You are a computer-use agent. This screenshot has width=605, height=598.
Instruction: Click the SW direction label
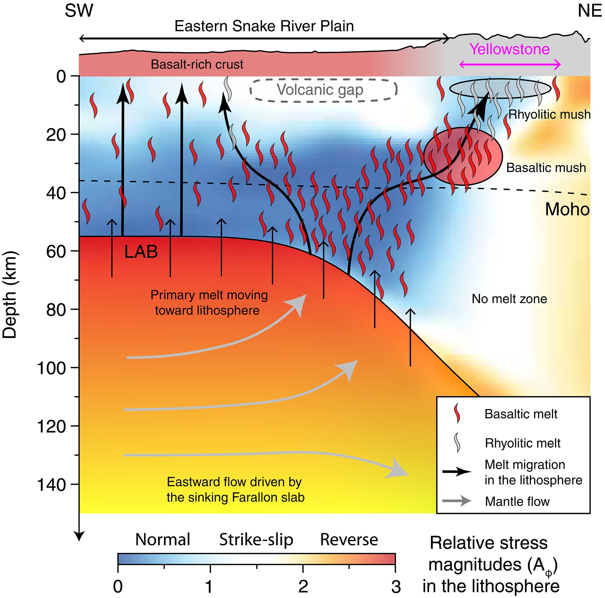[x=79, y=11]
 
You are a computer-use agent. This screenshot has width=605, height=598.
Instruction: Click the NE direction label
[x=589, y=11]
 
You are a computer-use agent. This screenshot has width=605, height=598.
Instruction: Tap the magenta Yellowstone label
[x=510, y=49]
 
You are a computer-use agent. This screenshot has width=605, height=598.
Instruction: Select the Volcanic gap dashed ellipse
[x=324, y=90]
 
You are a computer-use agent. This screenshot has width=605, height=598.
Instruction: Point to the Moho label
[x=567, y=209]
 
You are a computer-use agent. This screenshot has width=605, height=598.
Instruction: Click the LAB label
[x=141, y=252]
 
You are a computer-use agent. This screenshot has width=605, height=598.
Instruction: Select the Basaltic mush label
[x=546, y=168]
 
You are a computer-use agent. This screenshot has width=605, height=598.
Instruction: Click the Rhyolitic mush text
[x=549, y=114]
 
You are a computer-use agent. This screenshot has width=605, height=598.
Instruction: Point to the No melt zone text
[x=509, y=299]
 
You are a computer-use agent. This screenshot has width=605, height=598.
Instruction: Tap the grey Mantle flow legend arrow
[x=457, y=501]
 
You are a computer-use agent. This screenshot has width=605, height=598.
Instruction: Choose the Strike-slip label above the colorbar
[x=256, y=540]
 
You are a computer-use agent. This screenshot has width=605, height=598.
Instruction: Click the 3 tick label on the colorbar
[x=396, y=587]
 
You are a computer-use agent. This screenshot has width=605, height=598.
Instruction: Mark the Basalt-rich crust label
[x=197, y=65]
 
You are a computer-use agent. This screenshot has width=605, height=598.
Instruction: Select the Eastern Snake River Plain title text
[x=264, y=26]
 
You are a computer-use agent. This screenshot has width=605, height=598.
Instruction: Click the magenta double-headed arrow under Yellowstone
[x=510, y=65]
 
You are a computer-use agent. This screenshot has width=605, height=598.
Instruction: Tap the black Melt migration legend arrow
[x=457, y=471]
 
